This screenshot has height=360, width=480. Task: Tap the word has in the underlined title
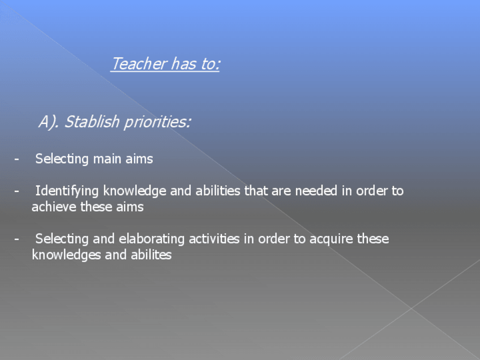coord(183,63)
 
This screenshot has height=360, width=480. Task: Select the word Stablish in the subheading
coord(92,121)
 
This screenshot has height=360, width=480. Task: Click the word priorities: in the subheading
coord(157,122)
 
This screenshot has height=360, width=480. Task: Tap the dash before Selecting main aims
coord(16,159)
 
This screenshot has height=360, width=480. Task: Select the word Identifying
coord(67,191)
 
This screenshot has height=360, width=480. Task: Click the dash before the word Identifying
coord(16,191)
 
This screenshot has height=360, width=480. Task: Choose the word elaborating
coord(152,239)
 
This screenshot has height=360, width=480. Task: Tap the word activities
coord(214,239)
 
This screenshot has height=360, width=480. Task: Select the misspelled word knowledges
coord(66,255)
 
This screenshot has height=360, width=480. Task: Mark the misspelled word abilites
coord(151,255)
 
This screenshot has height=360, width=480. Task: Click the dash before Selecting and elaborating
coord(16,239)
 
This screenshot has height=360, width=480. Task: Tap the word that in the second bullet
coord(256,191)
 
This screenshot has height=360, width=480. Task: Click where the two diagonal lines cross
coord(412,308)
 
